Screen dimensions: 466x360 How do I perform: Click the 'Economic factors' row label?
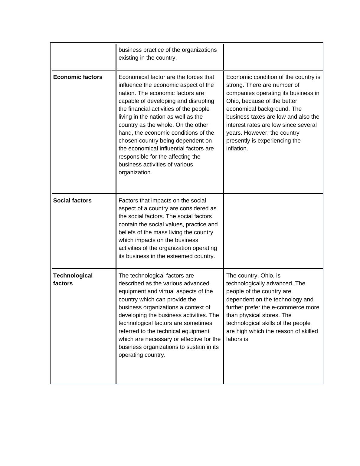78,77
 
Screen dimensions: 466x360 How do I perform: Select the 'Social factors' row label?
72,201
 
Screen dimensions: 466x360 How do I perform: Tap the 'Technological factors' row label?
73,279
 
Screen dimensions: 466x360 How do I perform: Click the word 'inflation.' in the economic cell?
237,149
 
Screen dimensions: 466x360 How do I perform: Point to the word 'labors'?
235,339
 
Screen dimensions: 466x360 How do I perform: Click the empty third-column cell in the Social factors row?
273,231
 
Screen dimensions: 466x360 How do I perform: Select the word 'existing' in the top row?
128,58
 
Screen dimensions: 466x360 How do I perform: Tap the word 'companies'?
239,93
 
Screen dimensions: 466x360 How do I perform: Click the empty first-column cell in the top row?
83,57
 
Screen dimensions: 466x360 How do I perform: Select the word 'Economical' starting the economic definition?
133,77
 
